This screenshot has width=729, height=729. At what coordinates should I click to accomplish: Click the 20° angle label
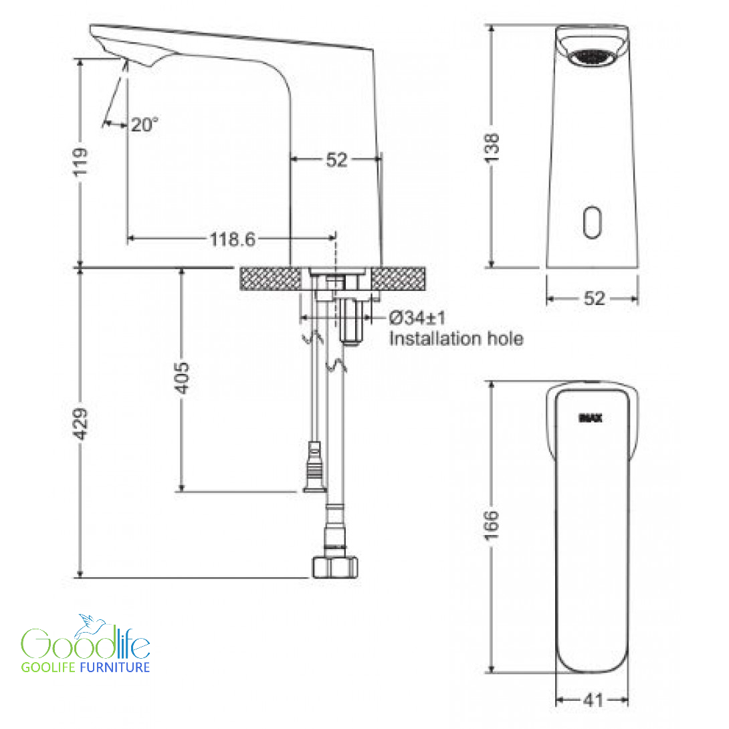[x=144, y=124]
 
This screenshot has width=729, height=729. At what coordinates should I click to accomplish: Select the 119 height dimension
[x=80, y=162]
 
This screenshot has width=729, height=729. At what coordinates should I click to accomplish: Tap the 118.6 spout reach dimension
[x=233, y=239]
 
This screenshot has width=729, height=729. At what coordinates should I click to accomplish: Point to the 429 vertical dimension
[x=80, y=423]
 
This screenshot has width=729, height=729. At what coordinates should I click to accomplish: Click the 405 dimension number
[x=182, y=378]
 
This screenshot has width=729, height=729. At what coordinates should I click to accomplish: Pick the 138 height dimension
[x=492, y=148]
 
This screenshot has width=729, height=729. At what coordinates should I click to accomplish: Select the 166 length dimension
[x=491, y=526]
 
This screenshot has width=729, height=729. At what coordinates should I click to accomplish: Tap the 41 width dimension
[x=593, y=700]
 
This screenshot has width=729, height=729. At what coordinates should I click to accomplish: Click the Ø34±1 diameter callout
[x=417, y=318]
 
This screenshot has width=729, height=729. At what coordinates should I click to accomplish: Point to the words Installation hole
[x=456, y=338]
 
